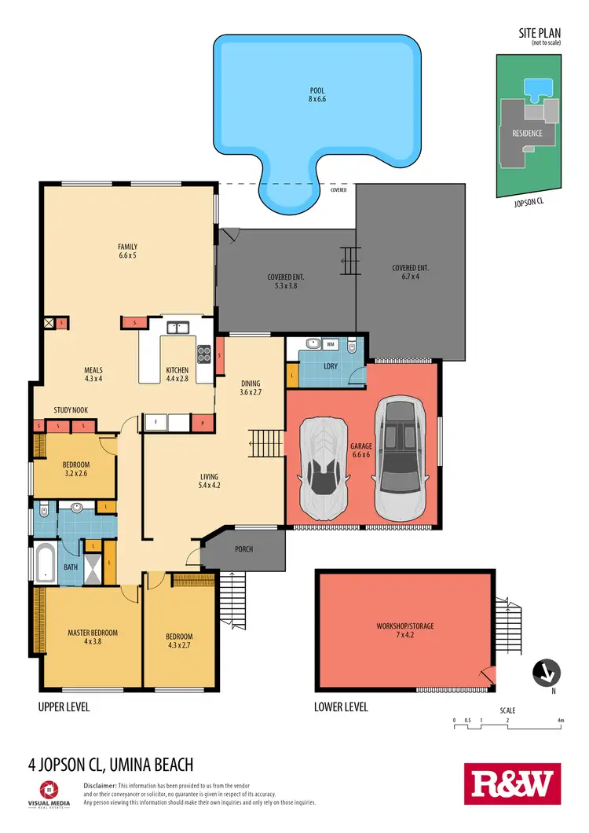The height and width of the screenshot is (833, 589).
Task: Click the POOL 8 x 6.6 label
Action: tap(316, 95)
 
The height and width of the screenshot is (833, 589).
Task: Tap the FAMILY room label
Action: tap(127, 251)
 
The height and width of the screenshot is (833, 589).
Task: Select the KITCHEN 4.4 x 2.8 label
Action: tap(177, 375)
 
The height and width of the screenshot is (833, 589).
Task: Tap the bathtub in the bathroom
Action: tap(46, 563)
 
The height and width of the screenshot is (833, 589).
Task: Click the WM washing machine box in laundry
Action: tap(331, 344)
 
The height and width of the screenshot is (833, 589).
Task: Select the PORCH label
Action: tap(243, 549)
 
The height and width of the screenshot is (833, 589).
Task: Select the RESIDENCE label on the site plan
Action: tap(527, 133)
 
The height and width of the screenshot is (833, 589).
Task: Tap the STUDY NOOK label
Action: tap(70, 410)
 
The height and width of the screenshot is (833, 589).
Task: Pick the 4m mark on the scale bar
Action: tap(561, 719)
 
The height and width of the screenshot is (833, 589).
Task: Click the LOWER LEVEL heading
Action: tap(341, 707)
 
